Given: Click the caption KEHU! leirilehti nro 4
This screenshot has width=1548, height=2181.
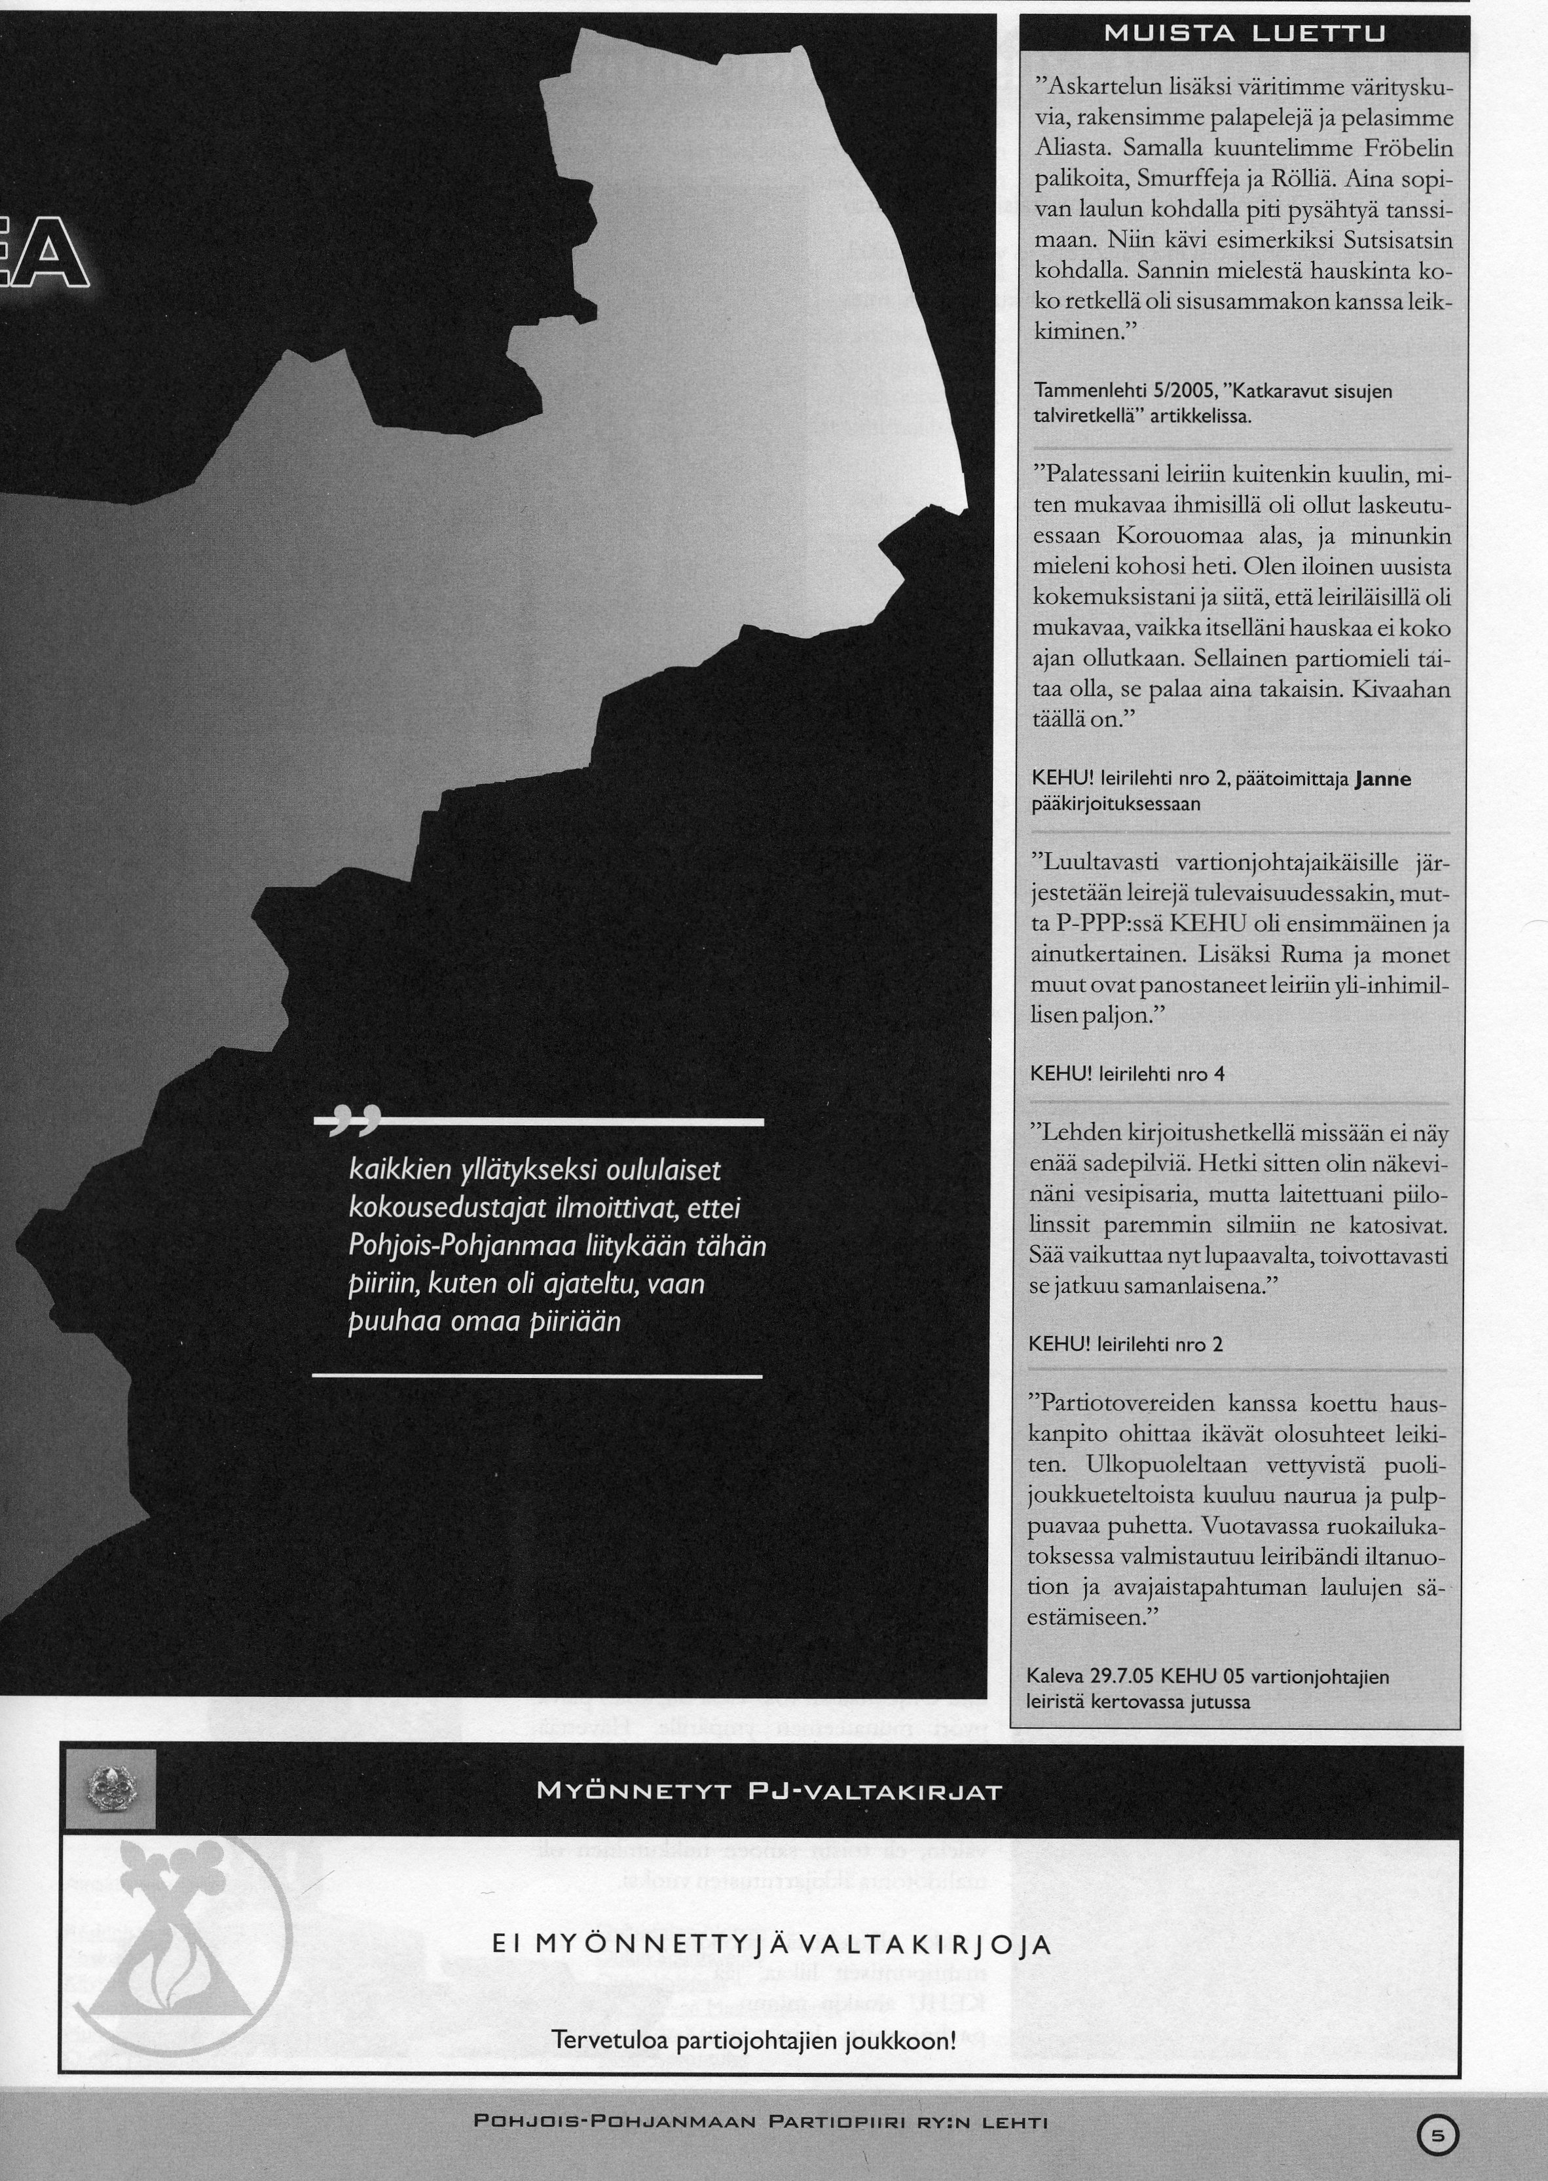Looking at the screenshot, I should tap(1128, 1074).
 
